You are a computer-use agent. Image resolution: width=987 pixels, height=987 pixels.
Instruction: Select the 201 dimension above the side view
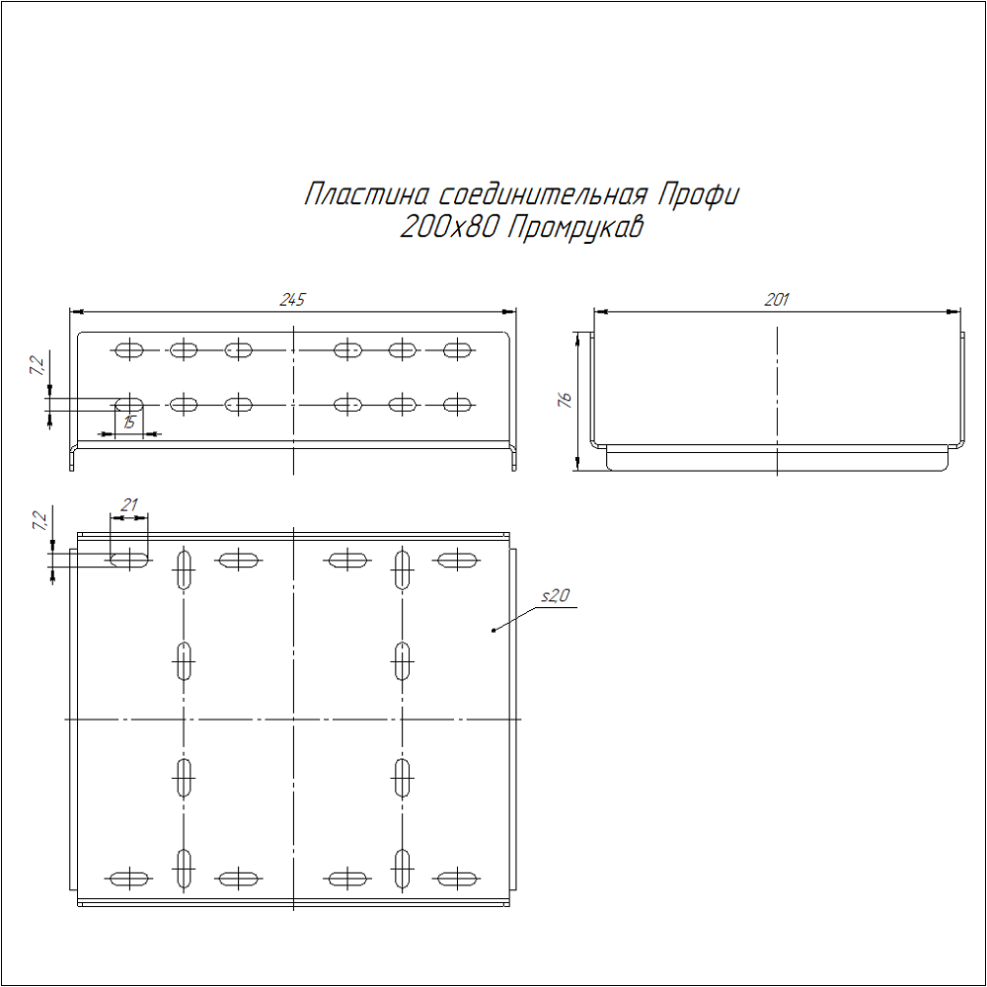pyautogui.click(x=777, y=300)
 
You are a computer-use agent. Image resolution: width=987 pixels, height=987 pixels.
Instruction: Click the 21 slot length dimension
pyautogui.click(x=128, y=505)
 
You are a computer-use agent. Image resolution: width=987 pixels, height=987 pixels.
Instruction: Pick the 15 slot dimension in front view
pyautogui.click(x=129, y=422)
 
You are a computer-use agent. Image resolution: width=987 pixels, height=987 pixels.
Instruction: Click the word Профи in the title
pyautogui.click(x=696, y=194)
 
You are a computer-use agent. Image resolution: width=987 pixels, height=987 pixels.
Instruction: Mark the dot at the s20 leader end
pyautogui.click(x=493, y=630)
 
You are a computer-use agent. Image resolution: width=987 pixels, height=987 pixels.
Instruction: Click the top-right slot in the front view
pyautogui.click(x=457, y=348)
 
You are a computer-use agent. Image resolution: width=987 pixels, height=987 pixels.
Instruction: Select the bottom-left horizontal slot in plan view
pyautogui.click(x=129, y=877)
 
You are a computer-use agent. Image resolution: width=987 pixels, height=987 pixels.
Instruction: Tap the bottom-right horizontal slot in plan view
pyautogui.click(x=457, y=877)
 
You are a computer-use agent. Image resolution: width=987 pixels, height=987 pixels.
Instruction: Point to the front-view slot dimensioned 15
pyautogui.click(x=129, y=404)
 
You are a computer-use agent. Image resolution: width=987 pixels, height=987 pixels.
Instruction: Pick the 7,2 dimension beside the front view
pyautogui.click(x=37, y=365)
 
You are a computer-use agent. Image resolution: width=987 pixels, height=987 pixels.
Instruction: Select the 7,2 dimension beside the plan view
pyautogui.click(x=38, y=520)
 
